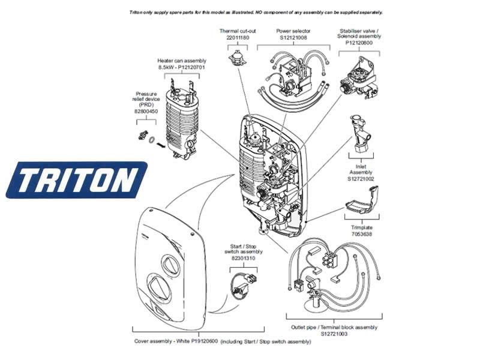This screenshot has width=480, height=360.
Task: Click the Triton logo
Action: coord(76,179)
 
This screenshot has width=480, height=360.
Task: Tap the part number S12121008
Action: coord(293,37)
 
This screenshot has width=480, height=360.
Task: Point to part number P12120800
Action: coord(360,43)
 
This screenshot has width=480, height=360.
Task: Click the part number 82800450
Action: coord(146,111)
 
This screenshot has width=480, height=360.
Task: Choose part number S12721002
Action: coord(361,178)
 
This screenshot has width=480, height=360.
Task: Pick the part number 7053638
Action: coord(362,235)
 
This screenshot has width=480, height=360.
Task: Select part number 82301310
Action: coord(243,258)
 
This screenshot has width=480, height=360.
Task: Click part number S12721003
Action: coord(334,334)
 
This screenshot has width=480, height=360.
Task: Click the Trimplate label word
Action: coord(362,228)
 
